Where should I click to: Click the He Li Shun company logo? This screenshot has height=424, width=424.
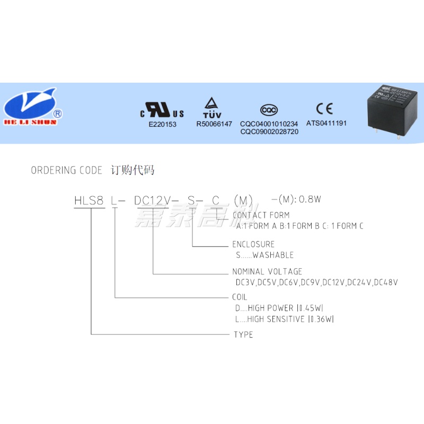click(x=33, y=106)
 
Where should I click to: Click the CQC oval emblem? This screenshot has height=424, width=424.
click(x=269, y=110)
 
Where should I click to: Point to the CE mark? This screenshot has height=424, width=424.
click(x=324, y=109)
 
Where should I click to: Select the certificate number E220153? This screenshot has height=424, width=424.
click(x=162, y=124)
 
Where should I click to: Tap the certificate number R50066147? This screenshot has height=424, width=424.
click(x=214, y=124)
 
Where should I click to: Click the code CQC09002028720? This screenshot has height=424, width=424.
click(x=269, y=131)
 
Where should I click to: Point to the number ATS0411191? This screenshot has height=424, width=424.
click(x=326, y=123)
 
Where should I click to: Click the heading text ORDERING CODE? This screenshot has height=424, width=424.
click(x=66, y=171)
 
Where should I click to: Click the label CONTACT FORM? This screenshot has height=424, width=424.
click(x=261, y=215)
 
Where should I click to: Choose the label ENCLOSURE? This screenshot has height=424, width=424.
click(x=253, y=244)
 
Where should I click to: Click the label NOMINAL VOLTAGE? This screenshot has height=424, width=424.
click(x=267, y=272)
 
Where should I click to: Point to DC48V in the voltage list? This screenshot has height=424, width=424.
click(x=386, y=282)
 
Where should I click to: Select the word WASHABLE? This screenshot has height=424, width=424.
click(x=273, y=255)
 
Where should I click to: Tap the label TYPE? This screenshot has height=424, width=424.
click(x=243, y=335)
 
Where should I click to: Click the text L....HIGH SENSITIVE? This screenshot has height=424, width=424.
click(x=270, y=319)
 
